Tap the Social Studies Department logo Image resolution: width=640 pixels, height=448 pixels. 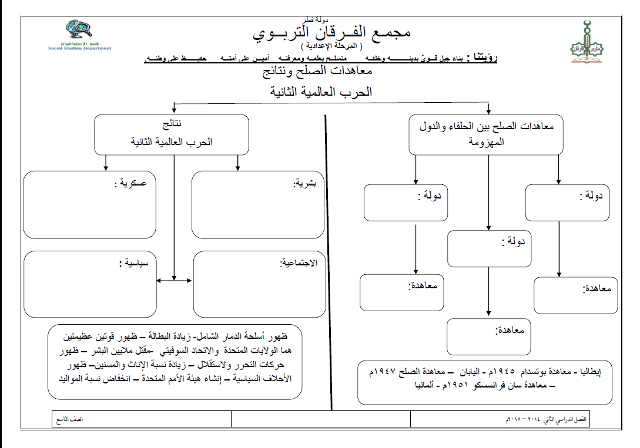pos(80,35)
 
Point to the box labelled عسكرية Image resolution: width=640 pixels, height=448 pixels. pos(90,205)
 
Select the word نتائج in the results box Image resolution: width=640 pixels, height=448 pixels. pos(172,125)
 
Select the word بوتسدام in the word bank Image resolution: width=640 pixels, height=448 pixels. pos(537,372)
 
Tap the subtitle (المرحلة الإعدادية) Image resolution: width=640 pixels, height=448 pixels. pos(331,46)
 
